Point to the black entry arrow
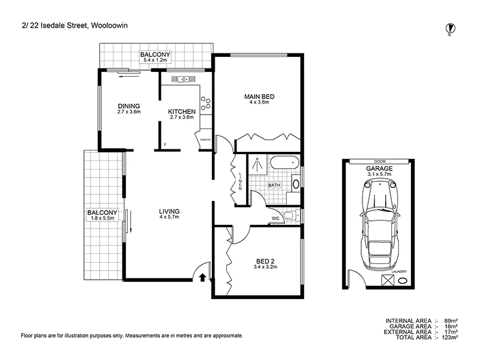click(202, 277)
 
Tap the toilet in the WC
click(290, 216)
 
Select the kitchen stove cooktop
click(206, 104)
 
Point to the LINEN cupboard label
click(239, 181)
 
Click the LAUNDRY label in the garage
click(398, 271)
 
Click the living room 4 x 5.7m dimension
click(169, 217)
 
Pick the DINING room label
click(128, 106)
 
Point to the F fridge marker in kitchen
click(166, 145)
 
